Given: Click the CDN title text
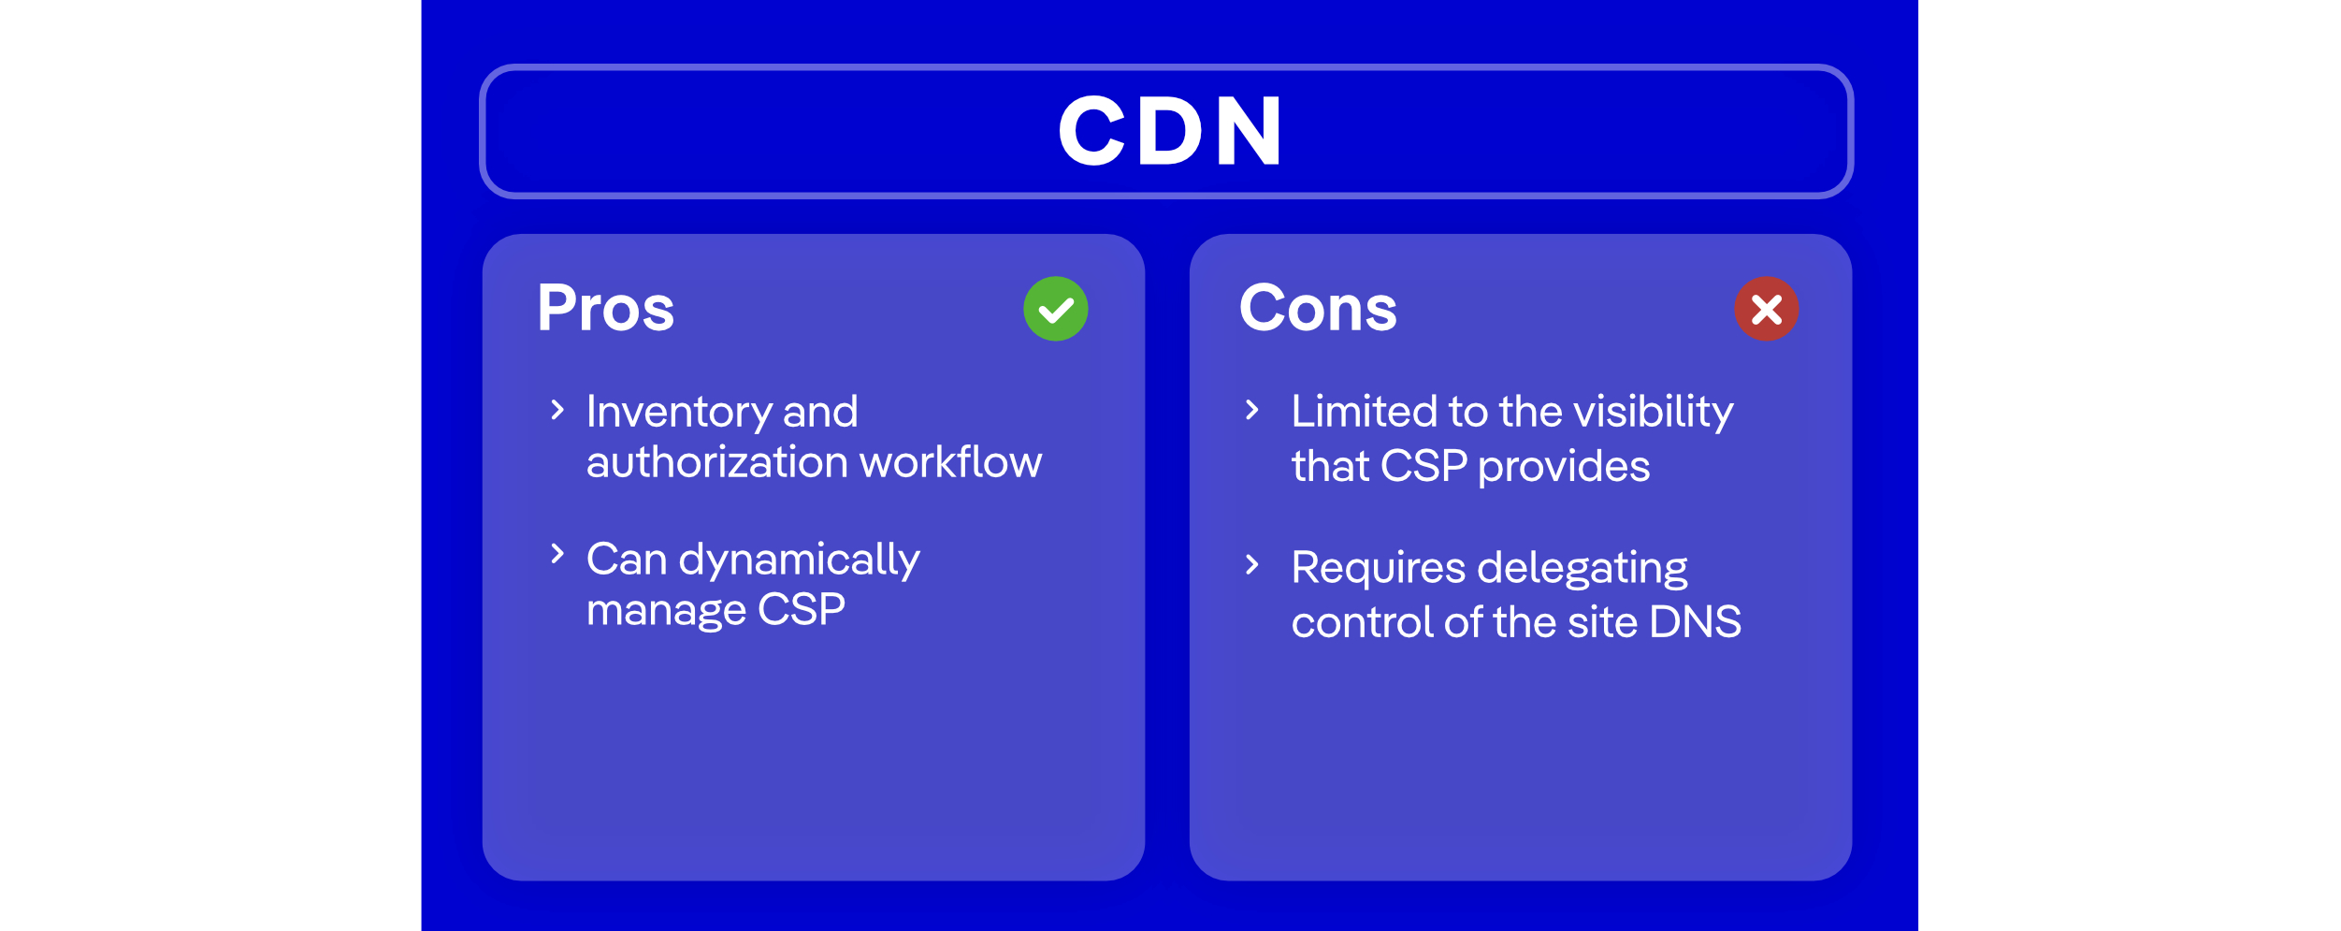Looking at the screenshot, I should [x=1169, y=131].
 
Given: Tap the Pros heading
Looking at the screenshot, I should [x=605, y=309].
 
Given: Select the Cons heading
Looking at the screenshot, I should [x=1317, y=309].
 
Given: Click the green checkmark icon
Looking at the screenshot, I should [x=1055, y=309].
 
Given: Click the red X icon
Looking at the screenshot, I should [x=1766, y=309].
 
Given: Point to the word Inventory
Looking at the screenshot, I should [x=678, y=413].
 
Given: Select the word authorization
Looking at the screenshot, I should [x=717, y=462].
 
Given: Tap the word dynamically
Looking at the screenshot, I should [x=799, y=560].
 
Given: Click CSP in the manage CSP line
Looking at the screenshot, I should [x=801, y=610].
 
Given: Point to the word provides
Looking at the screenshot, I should [x=1564, y=467].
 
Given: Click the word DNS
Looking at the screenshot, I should [x=1695, y=622].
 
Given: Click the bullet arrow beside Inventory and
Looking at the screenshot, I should [x=557, y=410].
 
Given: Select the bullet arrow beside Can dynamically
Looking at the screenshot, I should [x=557, y=554].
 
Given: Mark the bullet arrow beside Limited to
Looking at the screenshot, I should [x=1252, y=410].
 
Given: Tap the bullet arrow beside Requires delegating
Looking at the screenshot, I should [x=1252, y=564].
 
